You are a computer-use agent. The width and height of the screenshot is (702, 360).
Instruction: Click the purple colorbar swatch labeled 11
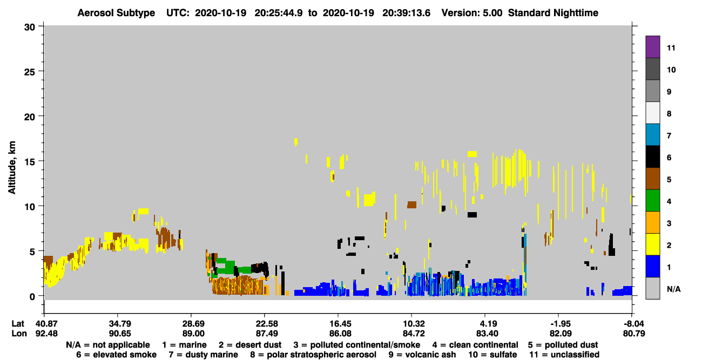652,46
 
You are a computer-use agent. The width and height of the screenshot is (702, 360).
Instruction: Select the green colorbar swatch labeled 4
652,201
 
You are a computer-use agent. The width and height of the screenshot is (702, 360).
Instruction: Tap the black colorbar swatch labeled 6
652,157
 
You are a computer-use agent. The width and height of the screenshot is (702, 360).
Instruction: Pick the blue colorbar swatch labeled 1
652,266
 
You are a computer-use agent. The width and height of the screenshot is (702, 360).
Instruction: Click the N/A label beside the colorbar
673,289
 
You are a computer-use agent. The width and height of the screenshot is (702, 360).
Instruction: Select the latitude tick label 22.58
267,323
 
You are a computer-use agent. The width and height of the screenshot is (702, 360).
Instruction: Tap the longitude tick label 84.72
414,334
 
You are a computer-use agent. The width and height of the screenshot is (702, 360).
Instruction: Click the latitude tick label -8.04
633,323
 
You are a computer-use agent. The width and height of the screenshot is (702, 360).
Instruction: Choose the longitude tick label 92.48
46,334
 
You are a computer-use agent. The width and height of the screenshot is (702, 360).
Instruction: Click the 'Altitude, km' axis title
12,168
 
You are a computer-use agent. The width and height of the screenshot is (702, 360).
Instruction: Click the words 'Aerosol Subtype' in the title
116,13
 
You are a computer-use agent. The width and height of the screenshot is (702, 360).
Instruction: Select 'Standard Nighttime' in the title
553,13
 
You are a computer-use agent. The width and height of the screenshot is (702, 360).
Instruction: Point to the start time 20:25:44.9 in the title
279,13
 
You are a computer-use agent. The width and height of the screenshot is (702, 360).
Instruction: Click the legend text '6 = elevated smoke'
116,355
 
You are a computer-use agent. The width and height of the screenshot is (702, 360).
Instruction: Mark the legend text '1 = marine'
184,345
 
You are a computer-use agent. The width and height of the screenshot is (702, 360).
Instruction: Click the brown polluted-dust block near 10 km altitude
412,205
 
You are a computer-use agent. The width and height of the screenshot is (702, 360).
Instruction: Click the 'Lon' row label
19,334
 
